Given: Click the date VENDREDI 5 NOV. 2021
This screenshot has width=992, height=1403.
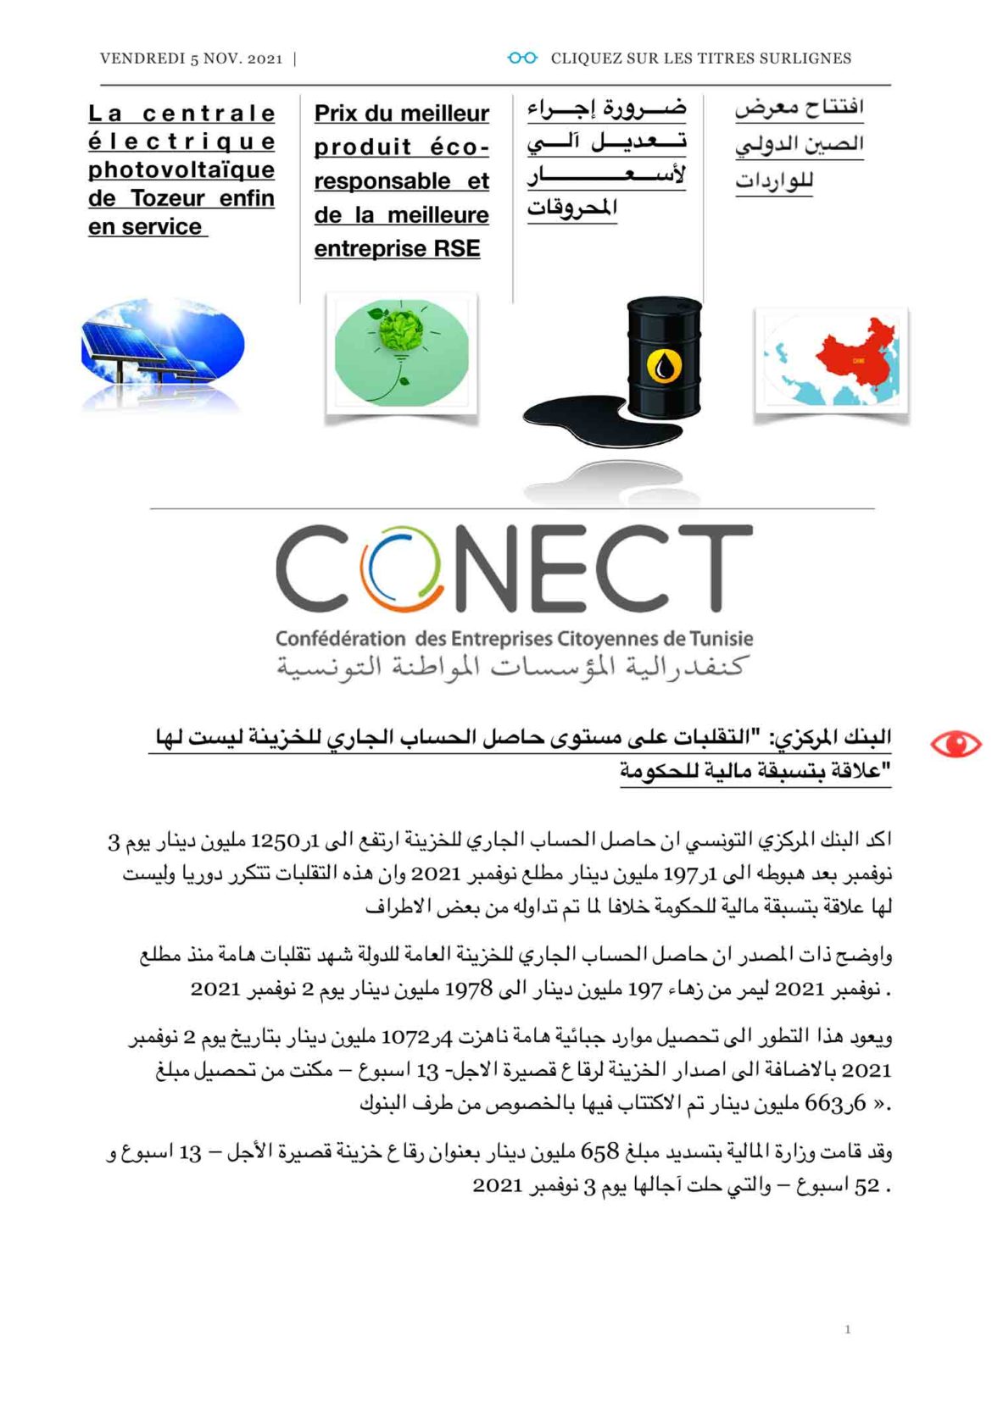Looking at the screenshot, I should click(x=191, y=58).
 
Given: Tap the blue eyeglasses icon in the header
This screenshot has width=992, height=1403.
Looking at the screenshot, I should click(x=522, y=58).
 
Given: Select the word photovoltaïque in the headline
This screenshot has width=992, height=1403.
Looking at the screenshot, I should click(x=181, y=169).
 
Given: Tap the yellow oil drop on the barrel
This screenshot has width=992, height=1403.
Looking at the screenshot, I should click(x=664, y=366).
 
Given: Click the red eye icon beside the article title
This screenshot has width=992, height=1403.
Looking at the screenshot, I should click(x=955, y=745).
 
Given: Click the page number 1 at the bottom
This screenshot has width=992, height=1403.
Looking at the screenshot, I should click(x=847, y=1329).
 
